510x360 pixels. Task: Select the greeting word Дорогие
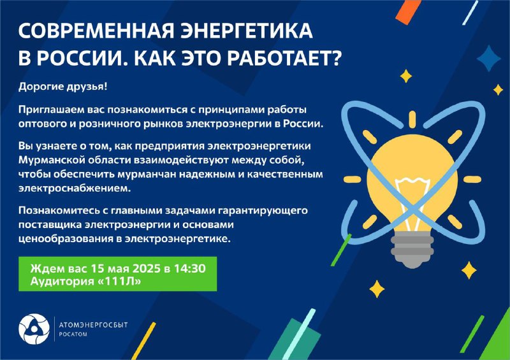pos(40,87)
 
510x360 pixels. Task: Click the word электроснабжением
pos(75,189)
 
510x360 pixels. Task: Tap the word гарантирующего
pos(263,211)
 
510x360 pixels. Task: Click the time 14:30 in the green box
pos(189,269)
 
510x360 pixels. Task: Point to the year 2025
pos(143,269)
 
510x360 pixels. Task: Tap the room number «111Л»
pos(119,281)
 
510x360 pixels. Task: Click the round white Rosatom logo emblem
pos(34,329)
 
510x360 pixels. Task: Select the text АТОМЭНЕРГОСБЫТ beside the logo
pos(93,325)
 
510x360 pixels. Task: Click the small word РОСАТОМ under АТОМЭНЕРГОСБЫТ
pos(73,335)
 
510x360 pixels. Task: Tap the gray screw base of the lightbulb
pos(412,248)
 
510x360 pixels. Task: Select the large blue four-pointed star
pos(488,58)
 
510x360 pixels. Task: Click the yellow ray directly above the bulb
pos(412,119)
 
